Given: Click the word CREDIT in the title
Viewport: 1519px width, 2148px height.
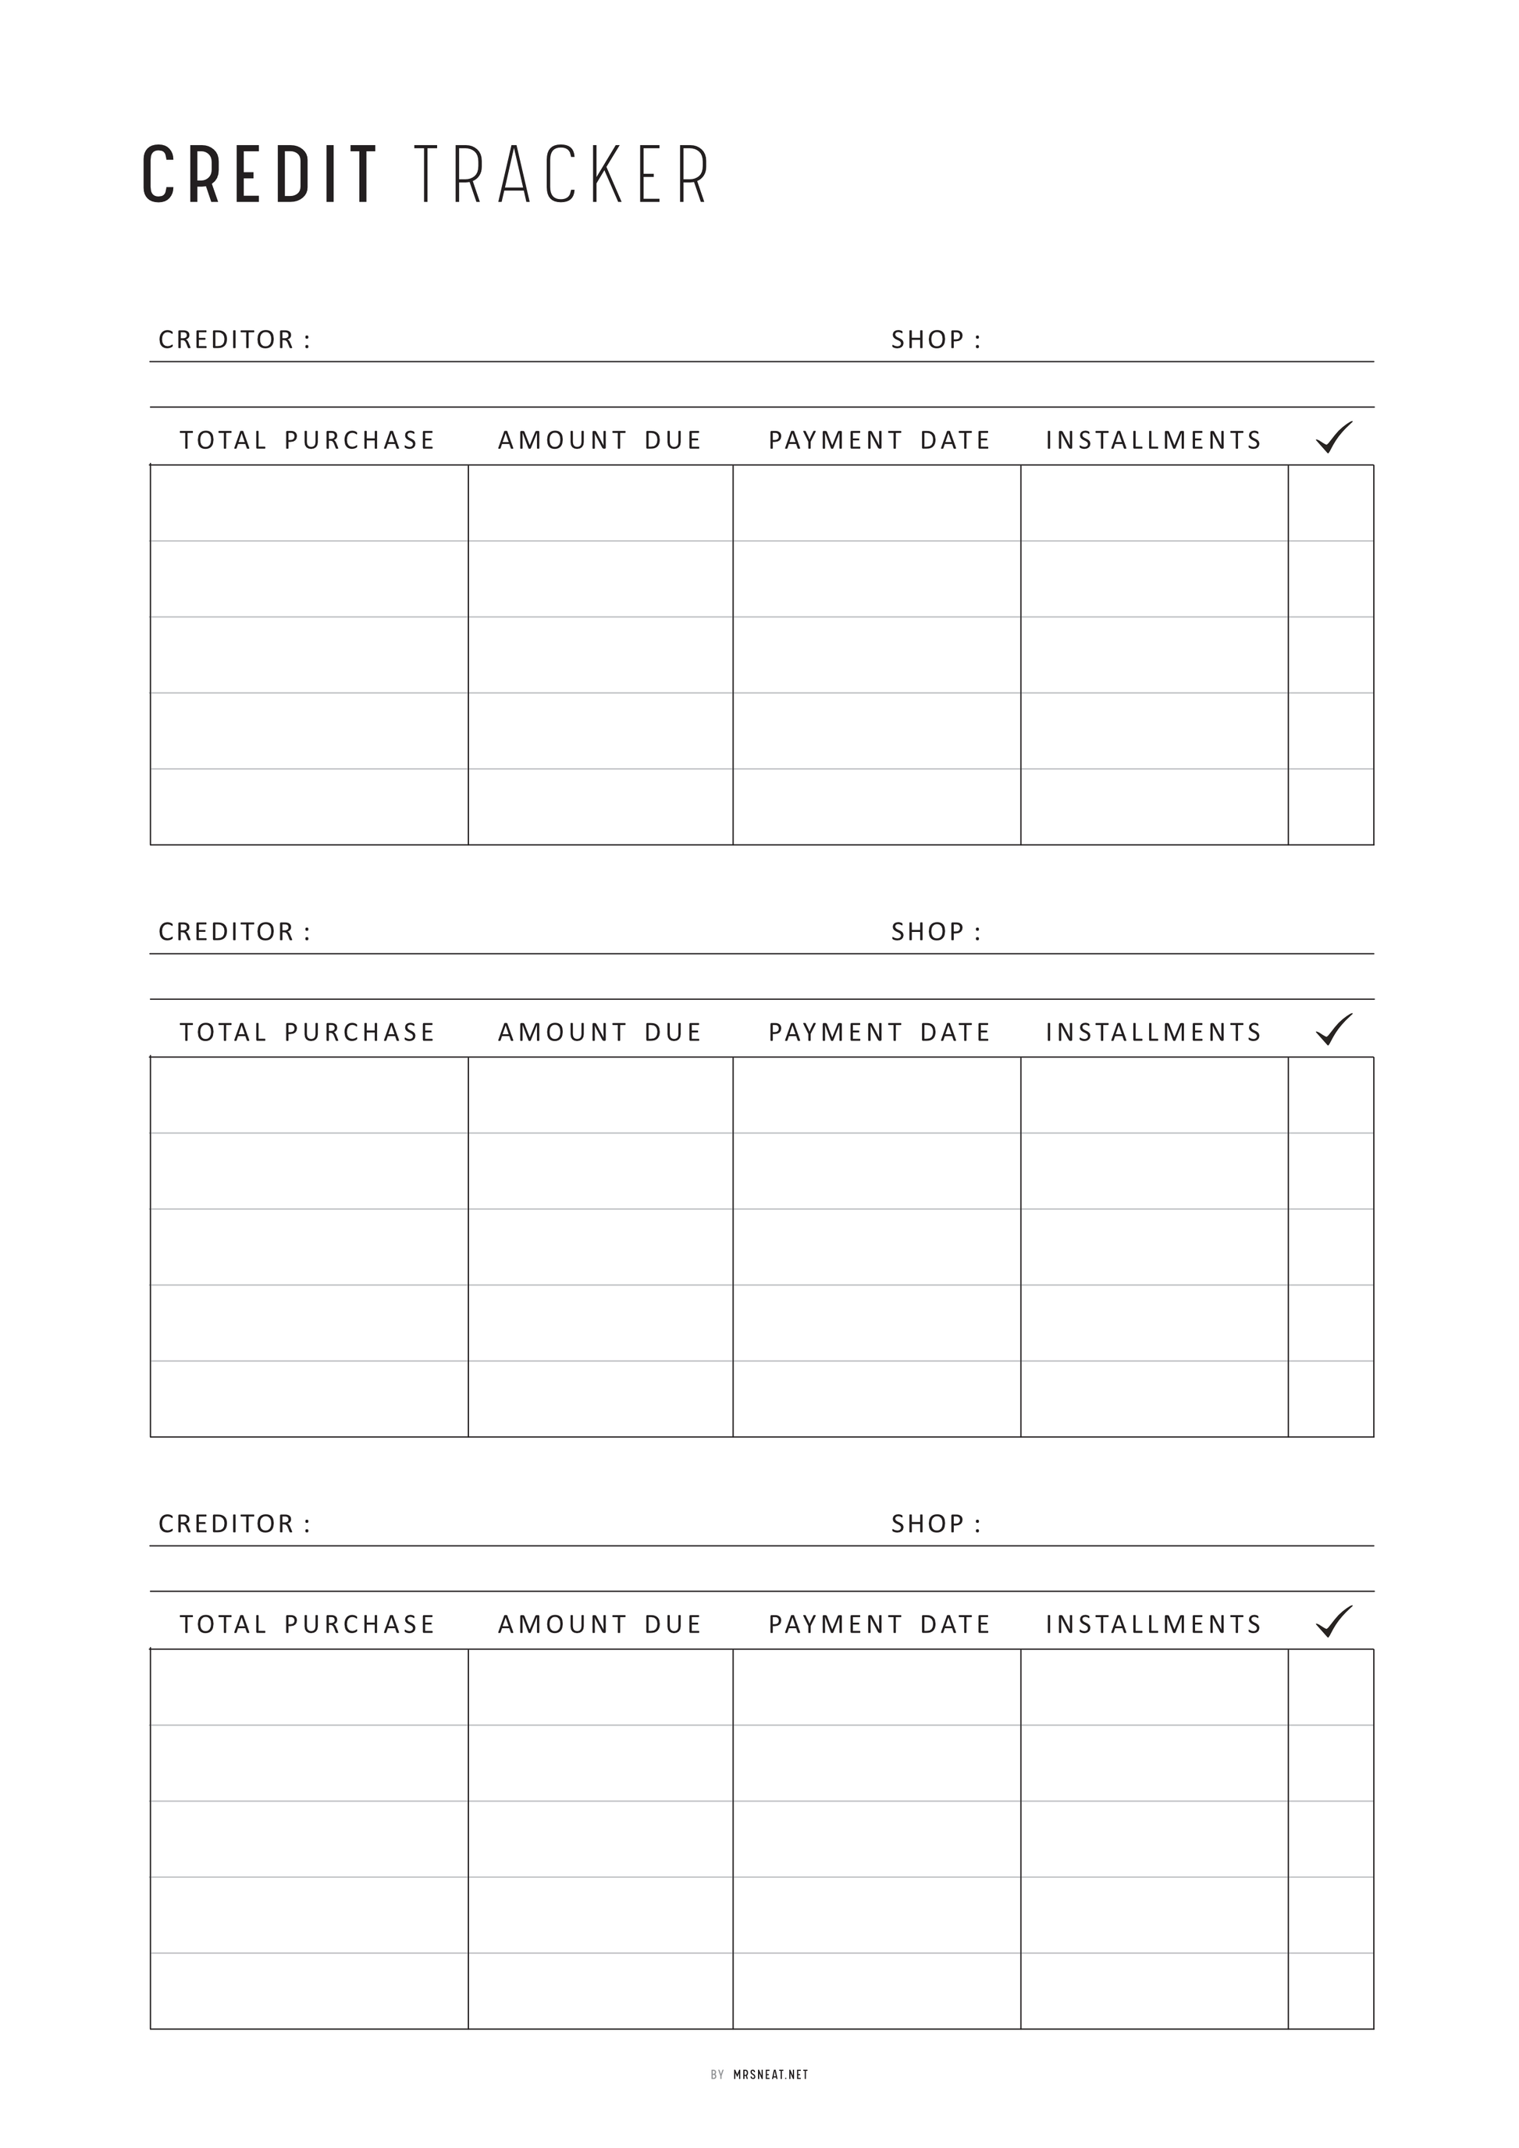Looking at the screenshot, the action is click(260, 175).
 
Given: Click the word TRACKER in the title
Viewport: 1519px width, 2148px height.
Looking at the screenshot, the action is click(561, 175).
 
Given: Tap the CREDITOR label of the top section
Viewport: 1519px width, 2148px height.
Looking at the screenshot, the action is click(234, 340).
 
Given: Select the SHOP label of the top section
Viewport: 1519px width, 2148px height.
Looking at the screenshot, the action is click(935, 340).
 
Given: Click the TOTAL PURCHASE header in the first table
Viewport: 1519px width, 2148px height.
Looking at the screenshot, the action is click(308, 441).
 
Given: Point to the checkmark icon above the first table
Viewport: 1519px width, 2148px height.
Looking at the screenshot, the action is click(1334, 438).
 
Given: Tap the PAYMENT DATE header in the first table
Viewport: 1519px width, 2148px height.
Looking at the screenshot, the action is click(879, 441).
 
